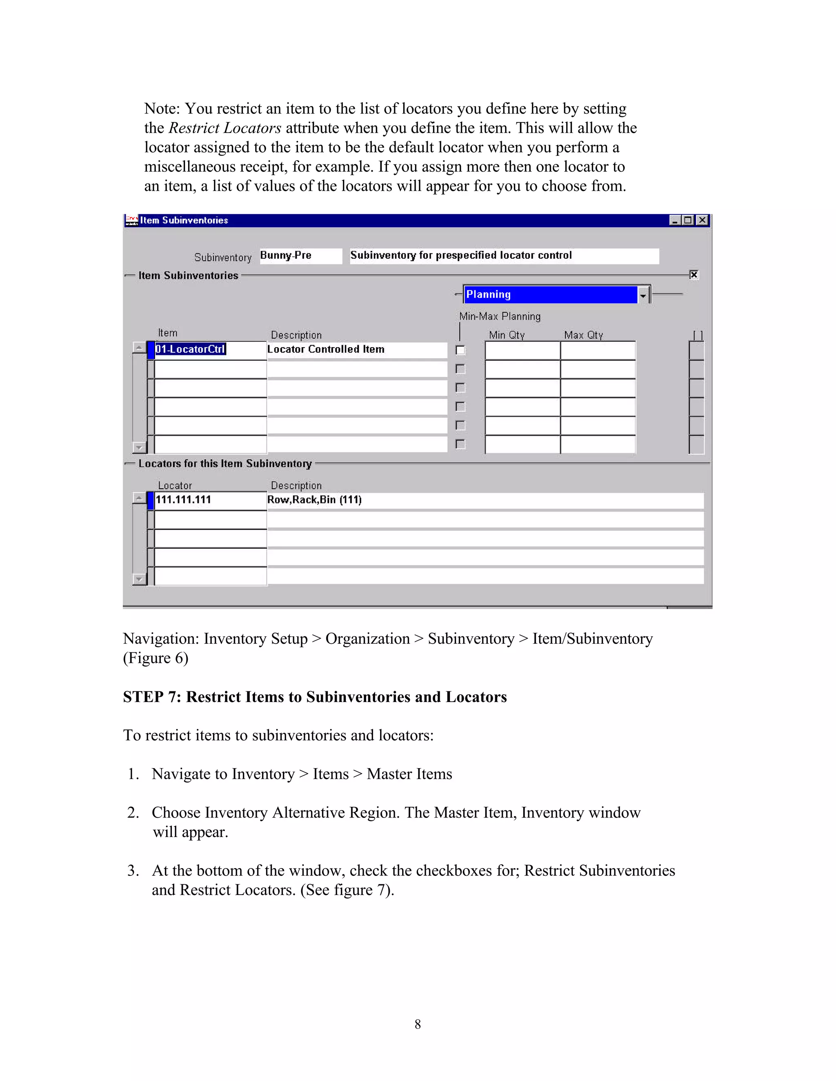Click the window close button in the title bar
pyautogui.click(x=702, y=220)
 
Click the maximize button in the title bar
pyautogui.click(x=688, y=220)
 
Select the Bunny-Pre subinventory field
pyautogui.click(x=300, y=255)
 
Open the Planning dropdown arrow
pyautogui.click(x=643, y=295)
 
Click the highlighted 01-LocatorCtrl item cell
pyautogui.click(x=191, y=350)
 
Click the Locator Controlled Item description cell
pyautogui.click(x=357, y=350)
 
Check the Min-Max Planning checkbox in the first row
pyautogui.click(x=460, y=350)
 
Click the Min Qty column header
pyautogui.click(x=507, y=335)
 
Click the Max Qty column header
pyautogui.click(x=583, y=335)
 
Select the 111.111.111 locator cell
pyautogui.click(x=210, y=500)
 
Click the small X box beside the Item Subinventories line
pyautogui.click(x=694, y=275)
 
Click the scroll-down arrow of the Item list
pyautogui.click(x=139, y=447)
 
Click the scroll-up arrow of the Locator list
pyautogui.click(x=139, y=498)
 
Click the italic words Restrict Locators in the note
pyautogui.click(x=225, y=128)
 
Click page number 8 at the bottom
pyautogui.click(x=418, y=1024)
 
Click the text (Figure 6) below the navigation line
pyautogui.click(x=156, y=658)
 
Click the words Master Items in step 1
pyautogui.click(x=409, y=774)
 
